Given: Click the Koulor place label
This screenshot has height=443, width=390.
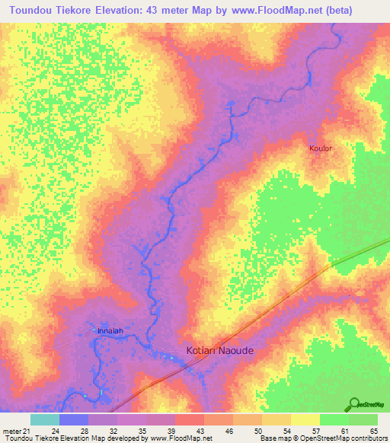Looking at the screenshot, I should pyautogui.click(x=321, y=148).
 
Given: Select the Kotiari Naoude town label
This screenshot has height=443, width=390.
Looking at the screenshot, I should pyautogui.click(x=220, y=351).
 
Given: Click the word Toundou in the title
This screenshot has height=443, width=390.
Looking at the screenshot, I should pyautogui.click(x=33, y=10).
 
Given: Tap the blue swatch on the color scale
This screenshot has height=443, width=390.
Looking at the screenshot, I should pyautogui.click(x=73, y=419).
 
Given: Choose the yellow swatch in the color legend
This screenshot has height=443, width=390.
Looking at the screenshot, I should pyautogui.click(x=305, y=419).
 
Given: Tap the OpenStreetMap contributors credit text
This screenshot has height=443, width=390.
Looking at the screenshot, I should pyautogui.click(x=338, y=438).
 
